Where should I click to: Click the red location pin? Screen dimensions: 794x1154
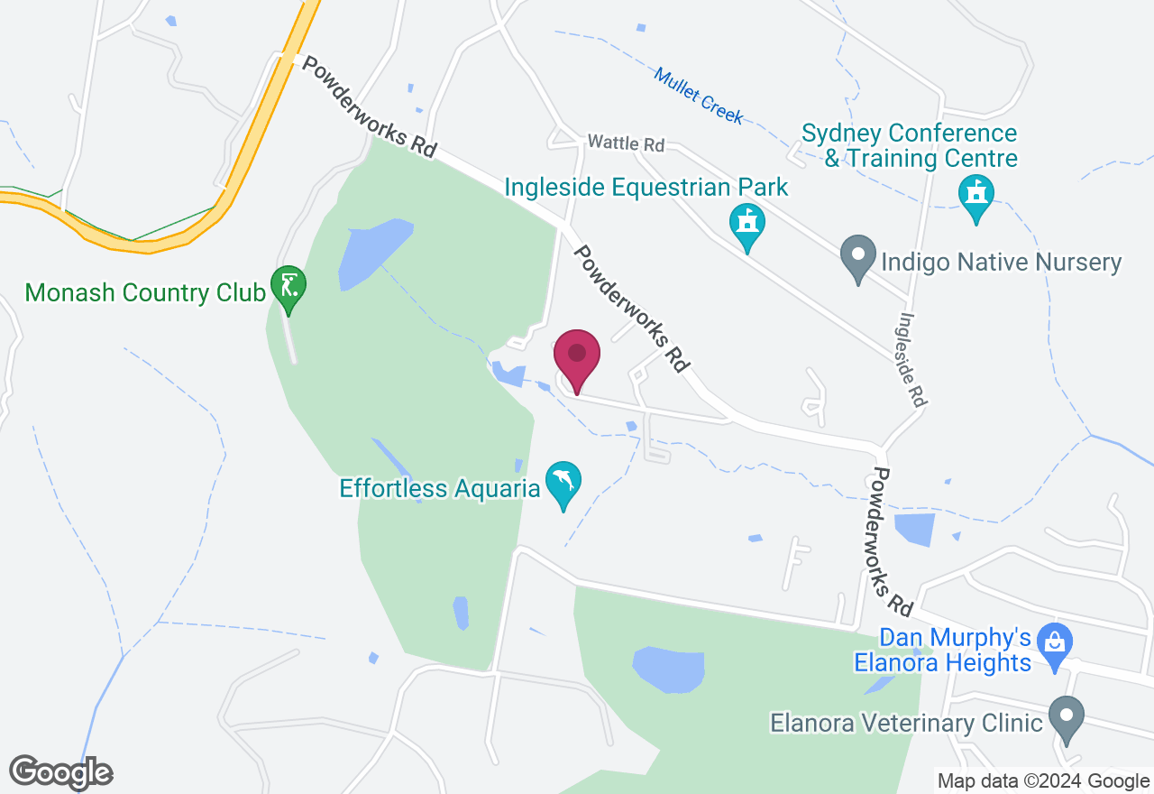577,357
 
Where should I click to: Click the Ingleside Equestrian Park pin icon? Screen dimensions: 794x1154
746,224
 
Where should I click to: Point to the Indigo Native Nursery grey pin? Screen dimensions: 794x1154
857,256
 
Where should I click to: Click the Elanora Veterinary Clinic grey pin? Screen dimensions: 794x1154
1067,719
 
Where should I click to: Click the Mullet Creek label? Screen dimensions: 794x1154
699,96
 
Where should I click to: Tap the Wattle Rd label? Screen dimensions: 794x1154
625,143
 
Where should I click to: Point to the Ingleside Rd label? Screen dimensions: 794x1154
912,359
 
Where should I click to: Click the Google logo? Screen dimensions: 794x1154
60,771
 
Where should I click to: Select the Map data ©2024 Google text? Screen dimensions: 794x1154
1043,781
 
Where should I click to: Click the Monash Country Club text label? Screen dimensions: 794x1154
145,292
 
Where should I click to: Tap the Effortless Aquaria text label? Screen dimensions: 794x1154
439,489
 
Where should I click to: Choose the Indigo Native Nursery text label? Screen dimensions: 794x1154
1001,263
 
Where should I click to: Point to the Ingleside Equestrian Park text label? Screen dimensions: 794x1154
646,188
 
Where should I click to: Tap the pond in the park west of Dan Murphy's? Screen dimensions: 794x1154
668,669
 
